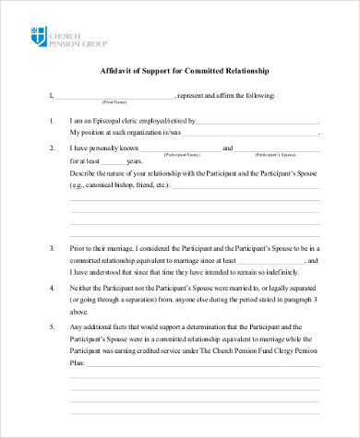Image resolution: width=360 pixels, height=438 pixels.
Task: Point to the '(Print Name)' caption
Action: pyautogui.click(x=114, y=101)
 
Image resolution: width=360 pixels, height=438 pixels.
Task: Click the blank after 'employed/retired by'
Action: pyautogui.click(x=258, y=121)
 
